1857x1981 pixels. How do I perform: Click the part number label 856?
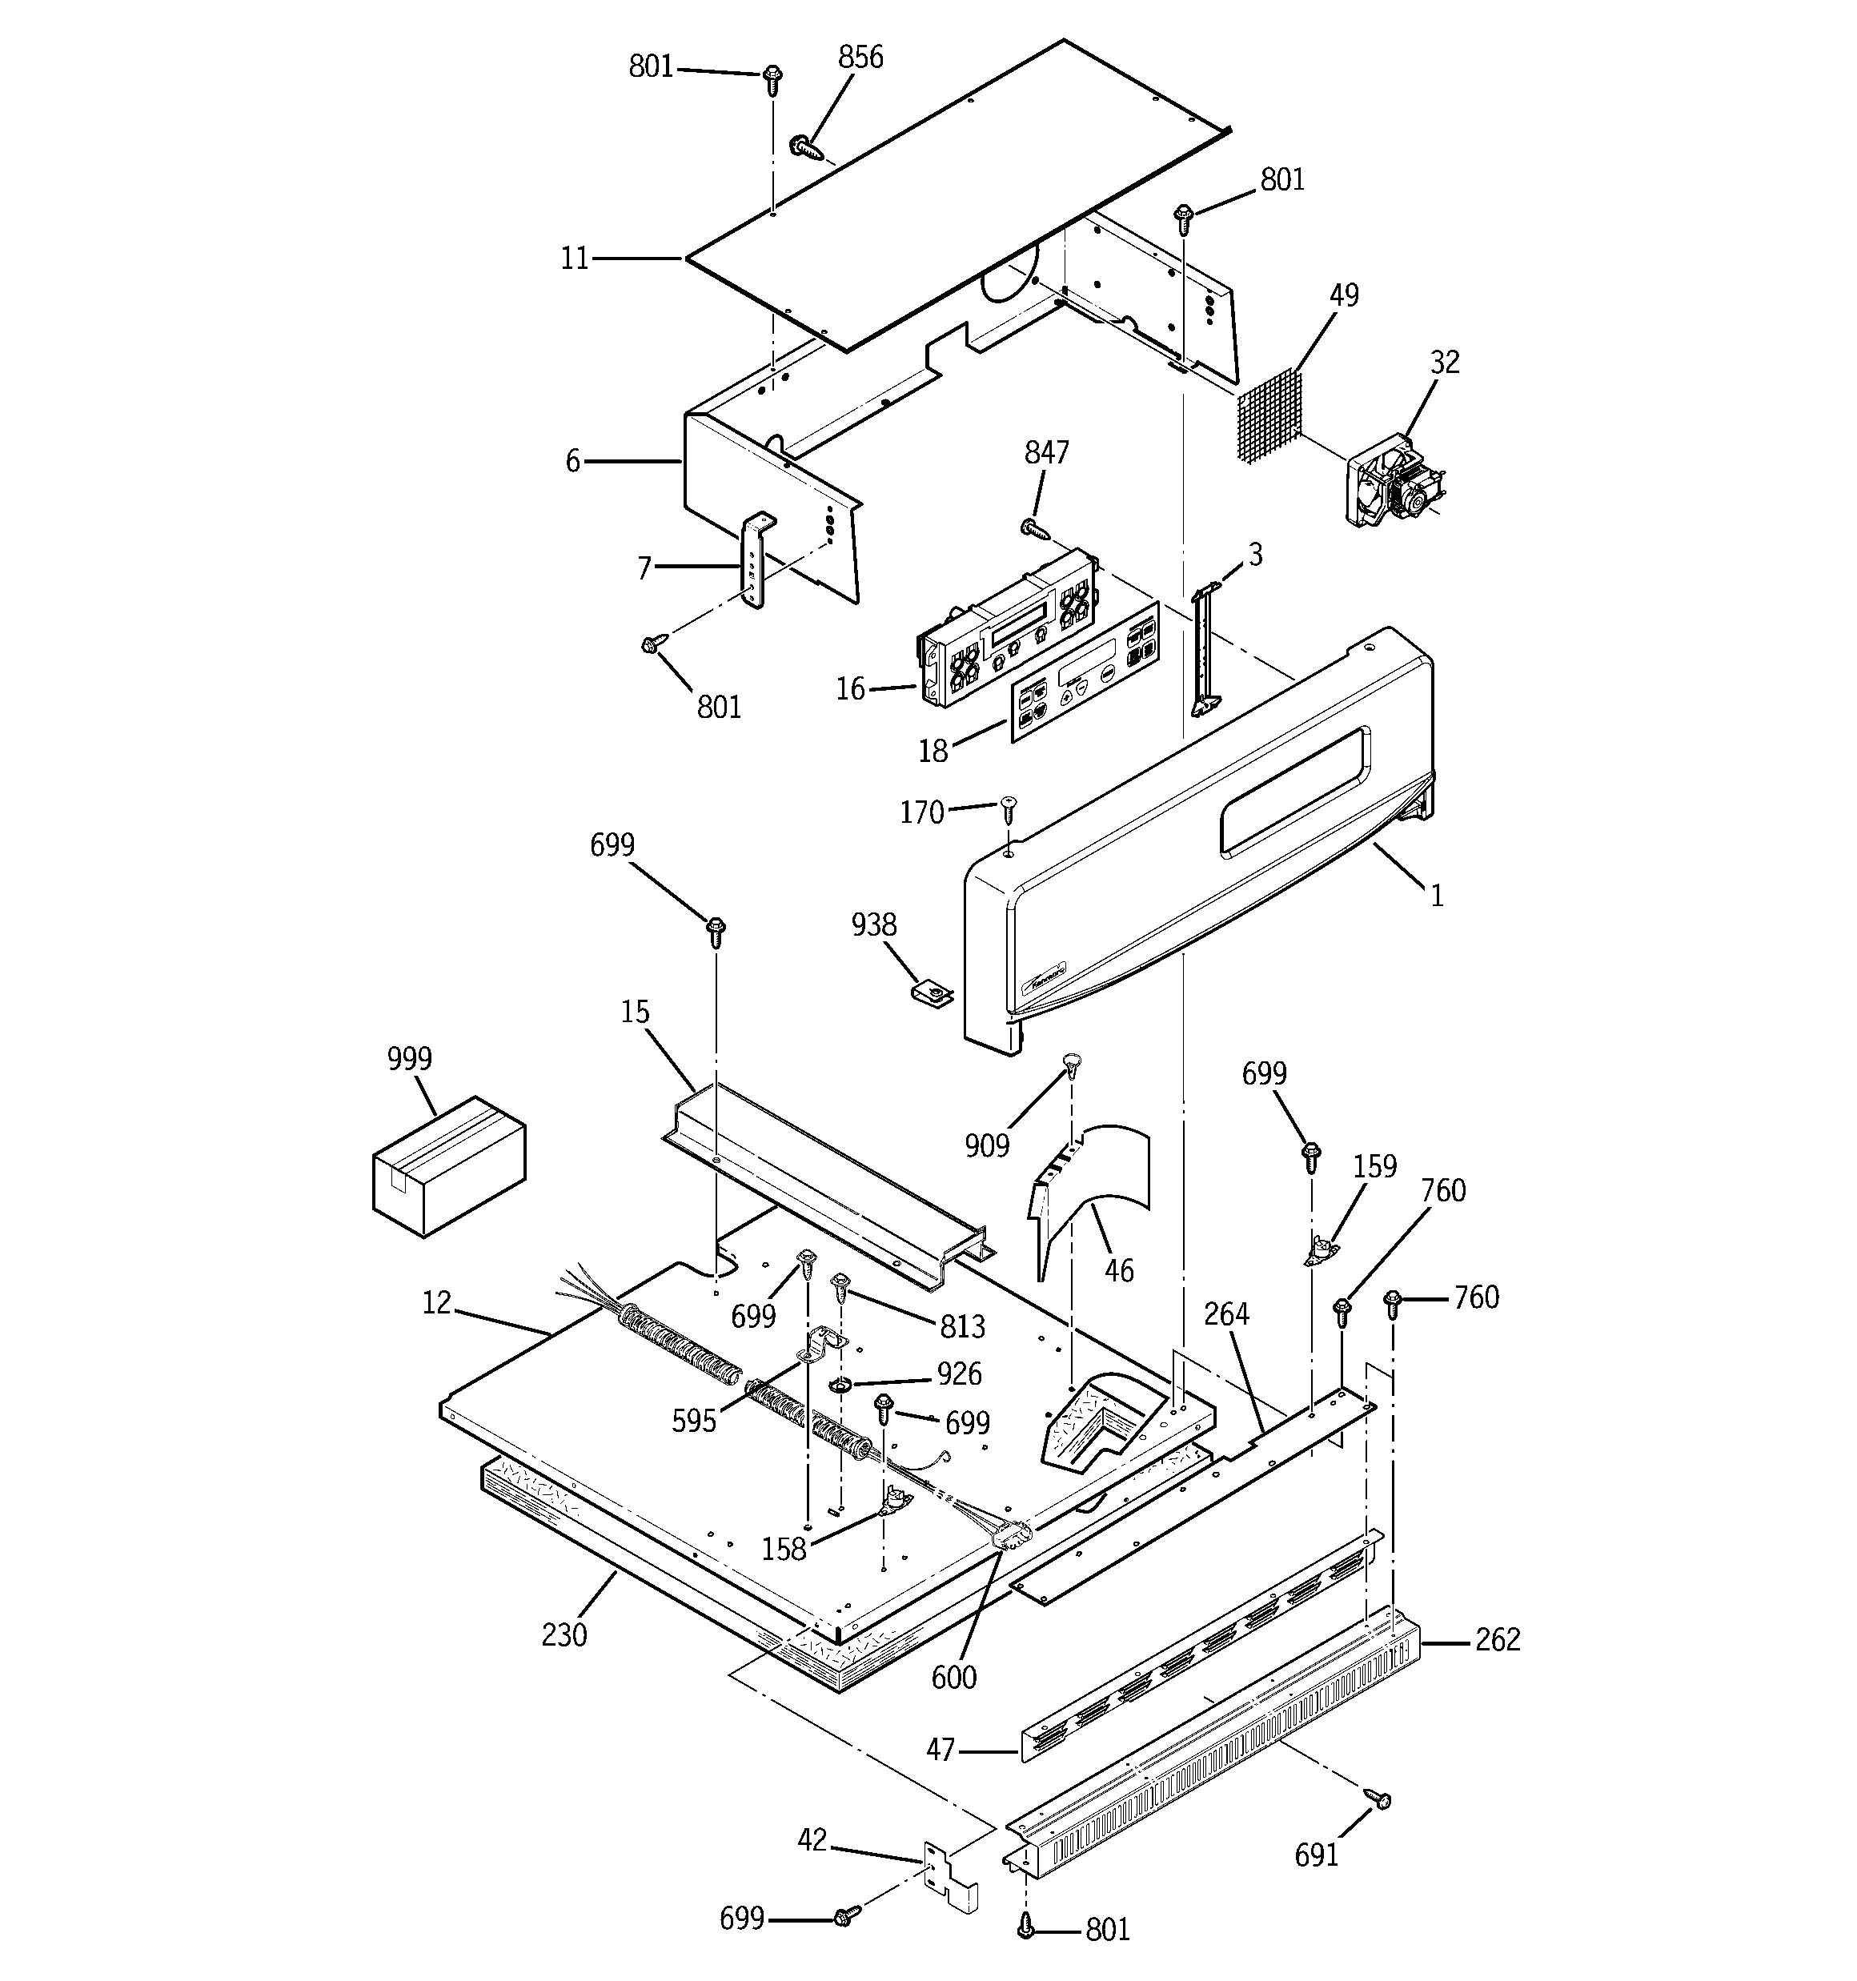coord(860,58)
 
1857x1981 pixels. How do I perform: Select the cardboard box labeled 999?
coord(448,1167)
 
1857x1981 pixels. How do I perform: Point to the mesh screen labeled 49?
coord(1269,415)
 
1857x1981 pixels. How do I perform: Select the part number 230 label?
coord(564,1635)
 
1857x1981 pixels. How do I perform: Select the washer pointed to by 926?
coord(840,1385)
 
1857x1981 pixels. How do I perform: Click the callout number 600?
coord(954,1677)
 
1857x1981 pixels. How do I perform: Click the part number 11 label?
coord(574,259)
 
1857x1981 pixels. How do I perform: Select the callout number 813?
coord(962,1326)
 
